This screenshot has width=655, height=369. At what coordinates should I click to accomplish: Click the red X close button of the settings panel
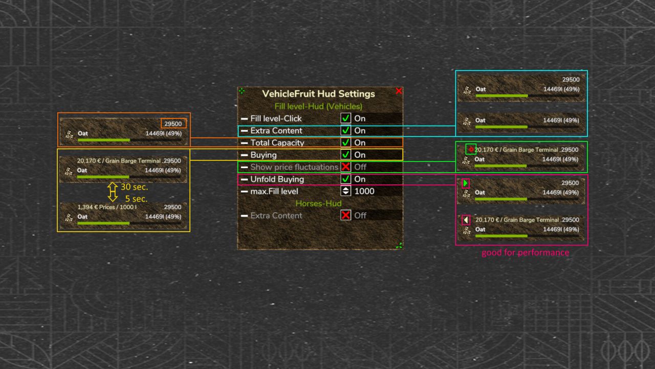pyautogui.click(x=399, y=91)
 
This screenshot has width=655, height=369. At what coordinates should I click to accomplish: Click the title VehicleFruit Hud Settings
pyautogui.click(x=318, y=94)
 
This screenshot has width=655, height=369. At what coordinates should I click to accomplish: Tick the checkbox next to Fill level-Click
pyautogui.click(x=346, y=118)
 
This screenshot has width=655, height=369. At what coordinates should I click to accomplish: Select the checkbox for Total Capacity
pyautogui.click(x=346, y=143)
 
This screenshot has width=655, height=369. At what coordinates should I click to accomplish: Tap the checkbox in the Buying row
pyautogui.click(x=346, y=155)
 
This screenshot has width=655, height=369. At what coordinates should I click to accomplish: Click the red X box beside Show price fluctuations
pyautogui.click(x=346, y=167)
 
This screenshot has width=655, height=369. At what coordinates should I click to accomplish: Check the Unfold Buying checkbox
pyautogui.click(x=346, y=179)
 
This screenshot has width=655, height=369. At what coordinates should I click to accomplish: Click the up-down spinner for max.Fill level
pyautogui.click(x=346, y=191)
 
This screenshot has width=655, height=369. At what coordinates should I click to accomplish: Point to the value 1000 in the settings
pyautogui.click(x=364, y=191)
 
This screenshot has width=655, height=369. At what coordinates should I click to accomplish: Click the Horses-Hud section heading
pyautogui.click(x=318, y=203)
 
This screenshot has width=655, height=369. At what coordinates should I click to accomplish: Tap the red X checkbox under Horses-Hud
pyautogui.click(x=346, y=215)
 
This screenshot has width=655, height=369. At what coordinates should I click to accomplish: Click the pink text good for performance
pyautogui.click(x=525, y=253)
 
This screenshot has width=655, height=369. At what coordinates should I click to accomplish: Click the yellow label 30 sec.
pyautogui.click(x=134, y=187)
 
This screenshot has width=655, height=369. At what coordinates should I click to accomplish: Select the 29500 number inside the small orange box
pyautogui.click(x=173, y=124)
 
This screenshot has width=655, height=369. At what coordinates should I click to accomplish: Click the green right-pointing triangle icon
pyautogui.click(x=466, y=183)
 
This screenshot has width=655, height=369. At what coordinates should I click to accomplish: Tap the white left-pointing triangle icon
pyautogui.click(x=466, y=220)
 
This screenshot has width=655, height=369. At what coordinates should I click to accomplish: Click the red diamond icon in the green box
pyautogui.click(x=470, y=149)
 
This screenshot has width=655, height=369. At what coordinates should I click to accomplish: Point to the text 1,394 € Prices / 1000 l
pyautogui.click(x=107, y=207)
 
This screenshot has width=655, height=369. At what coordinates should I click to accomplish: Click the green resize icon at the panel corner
pyautogui.click(x=399, y=245)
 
